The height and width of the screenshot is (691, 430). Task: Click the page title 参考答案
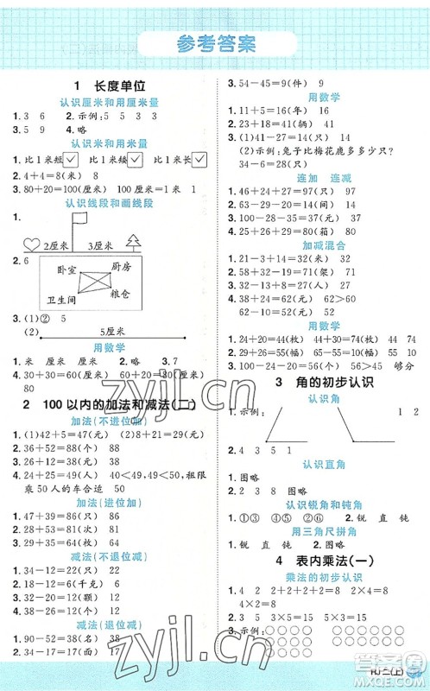[x=215, y=43]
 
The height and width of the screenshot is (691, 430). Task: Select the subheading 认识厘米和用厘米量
[x=109, y=102]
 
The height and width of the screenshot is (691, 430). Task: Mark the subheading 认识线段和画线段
[x=109, y=203]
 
